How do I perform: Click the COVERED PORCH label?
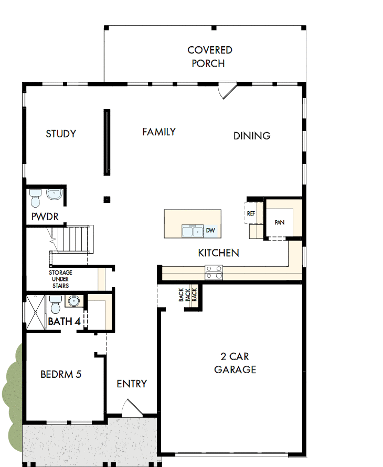[210, 57]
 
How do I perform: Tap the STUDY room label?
[61, 134]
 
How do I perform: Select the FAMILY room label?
[159, 132]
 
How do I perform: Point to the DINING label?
[252, 136]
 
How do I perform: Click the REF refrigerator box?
[251, 214]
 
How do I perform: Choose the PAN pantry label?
[279, 222]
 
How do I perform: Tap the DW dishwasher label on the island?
[210, 231]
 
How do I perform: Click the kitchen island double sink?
[192, 231]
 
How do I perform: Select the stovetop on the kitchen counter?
[214, 272]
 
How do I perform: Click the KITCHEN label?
[218, 253]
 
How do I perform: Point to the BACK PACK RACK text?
[187, 295]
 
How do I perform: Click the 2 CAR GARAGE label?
[235, 363]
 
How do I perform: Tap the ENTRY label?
[132, 384]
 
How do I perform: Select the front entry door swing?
[129, 408]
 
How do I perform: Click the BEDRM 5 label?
[61, 375]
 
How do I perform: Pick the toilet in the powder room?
[36, 199]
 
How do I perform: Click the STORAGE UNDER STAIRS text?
[61, 279]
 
